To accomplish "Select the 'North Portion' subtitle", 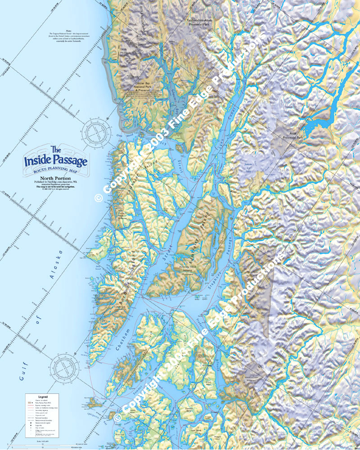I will pos(57,179).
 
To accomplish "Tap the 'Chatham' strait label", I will pos(126,342).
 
